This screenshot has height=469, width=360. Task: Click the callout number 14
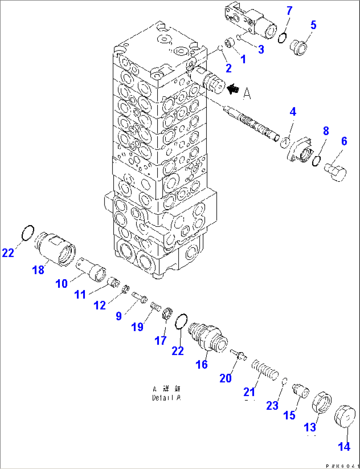pyautogui.click(x=344, y=447)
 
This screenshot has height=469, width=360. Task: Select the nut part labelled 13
pyautogui.click(x=322, y=402)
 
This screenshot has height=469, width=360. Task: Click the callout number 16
pyautogui.click(x=201, y=364)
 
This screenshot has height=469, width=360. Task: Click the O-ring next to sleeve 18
pyautogui.click(x=27, y=233)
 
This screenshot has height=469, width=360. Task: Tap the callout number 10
pyautogui.click(x=61, y=283)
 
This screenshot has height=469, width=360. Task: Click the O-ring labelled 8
pyautogui.click(x=316, y=161)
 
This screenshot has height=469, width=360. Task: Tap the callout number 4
pyautogui.click(x=293, y=112)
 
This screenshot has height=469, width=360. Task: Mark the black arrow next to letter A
pyautogui.click(x=233, y=89)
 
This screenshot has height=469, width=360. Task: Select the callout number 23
pyautogui.click(x=272, y=406)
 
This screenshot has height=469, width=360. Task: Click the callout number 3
pyautogui.click(x=261, y=50)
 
